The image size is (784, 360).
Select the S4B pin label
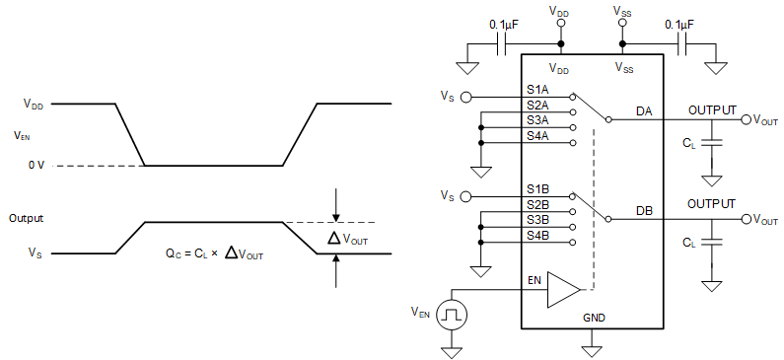[537, 235]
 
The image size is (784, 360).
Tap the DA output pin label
[645, 111]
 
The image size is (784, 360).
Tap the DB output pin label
[645, 211]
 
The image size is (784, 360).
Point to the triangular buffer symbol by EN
[563, 290]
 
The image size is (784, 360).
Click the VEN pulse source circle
[453, 315]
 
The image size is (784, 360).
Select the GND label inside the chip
[594, 319]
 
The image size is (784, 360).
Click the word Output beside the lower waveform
[27, 218]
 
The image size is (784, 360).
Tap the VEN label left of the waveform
[22, 135]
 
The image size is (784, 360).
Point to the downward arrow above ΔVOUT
[336, 204]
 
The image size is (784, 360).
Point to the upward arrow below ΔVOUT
[336, 271]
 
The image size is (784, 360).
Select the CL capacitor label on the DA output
[688, 143]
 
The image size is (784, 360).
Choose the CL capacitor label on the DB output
[688, 243]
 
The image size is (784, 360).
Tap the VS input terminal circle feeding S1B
[466, 196]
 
